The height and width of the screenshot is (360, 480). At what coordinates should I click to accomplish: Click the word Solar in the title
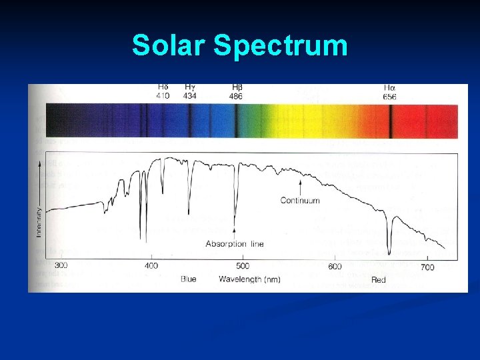[169, 45]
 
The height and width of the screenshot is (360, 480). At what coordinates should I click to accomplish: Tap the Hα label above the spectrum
[389, 87]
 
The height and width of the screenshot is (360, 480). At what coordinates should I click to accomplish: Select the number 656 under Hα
[389, 97]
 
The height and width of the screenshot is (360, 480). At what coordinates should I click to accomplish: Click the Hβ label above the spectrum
[237, 87]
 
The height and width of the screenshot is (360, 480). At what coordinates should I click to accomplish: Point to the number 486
[237, 97]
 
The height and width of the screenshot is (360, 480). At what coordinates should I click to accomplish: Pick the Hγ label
[190, 87]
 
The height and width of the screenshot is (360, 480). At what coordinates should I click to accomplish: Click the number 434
[190, 96]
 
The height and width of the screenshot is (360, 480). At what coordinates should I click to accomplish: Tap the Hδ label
[163, 87]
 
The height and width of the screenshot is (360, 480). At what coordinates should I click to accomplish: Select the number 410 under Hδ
[163, 96]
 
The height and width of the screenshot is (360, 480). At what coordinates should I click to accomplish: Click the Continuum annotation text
[299, 200]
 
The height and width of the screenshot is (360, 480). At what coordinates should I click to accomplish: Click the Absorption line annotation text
[234, 244]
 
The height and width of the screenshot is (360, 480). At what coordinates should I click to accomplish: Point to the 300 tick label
[61, 266]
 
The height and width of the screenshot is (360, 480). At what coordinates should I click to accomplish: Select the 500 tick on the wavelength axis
[243, 266]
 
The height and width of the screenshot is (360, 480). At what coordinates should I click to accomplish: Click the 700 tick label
[427, 267]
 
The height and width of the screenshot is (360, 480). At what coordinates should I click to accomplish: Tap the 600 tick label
[335, 267]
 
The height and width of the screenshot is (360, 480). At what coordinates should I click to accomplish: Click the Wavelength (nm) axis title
[249, 279]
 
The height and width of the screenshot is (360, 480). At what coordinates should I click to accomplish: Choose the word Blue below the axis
[189, 279]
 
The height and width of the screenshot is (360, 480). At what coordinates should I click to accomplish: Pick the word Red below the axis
[379, 280]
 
